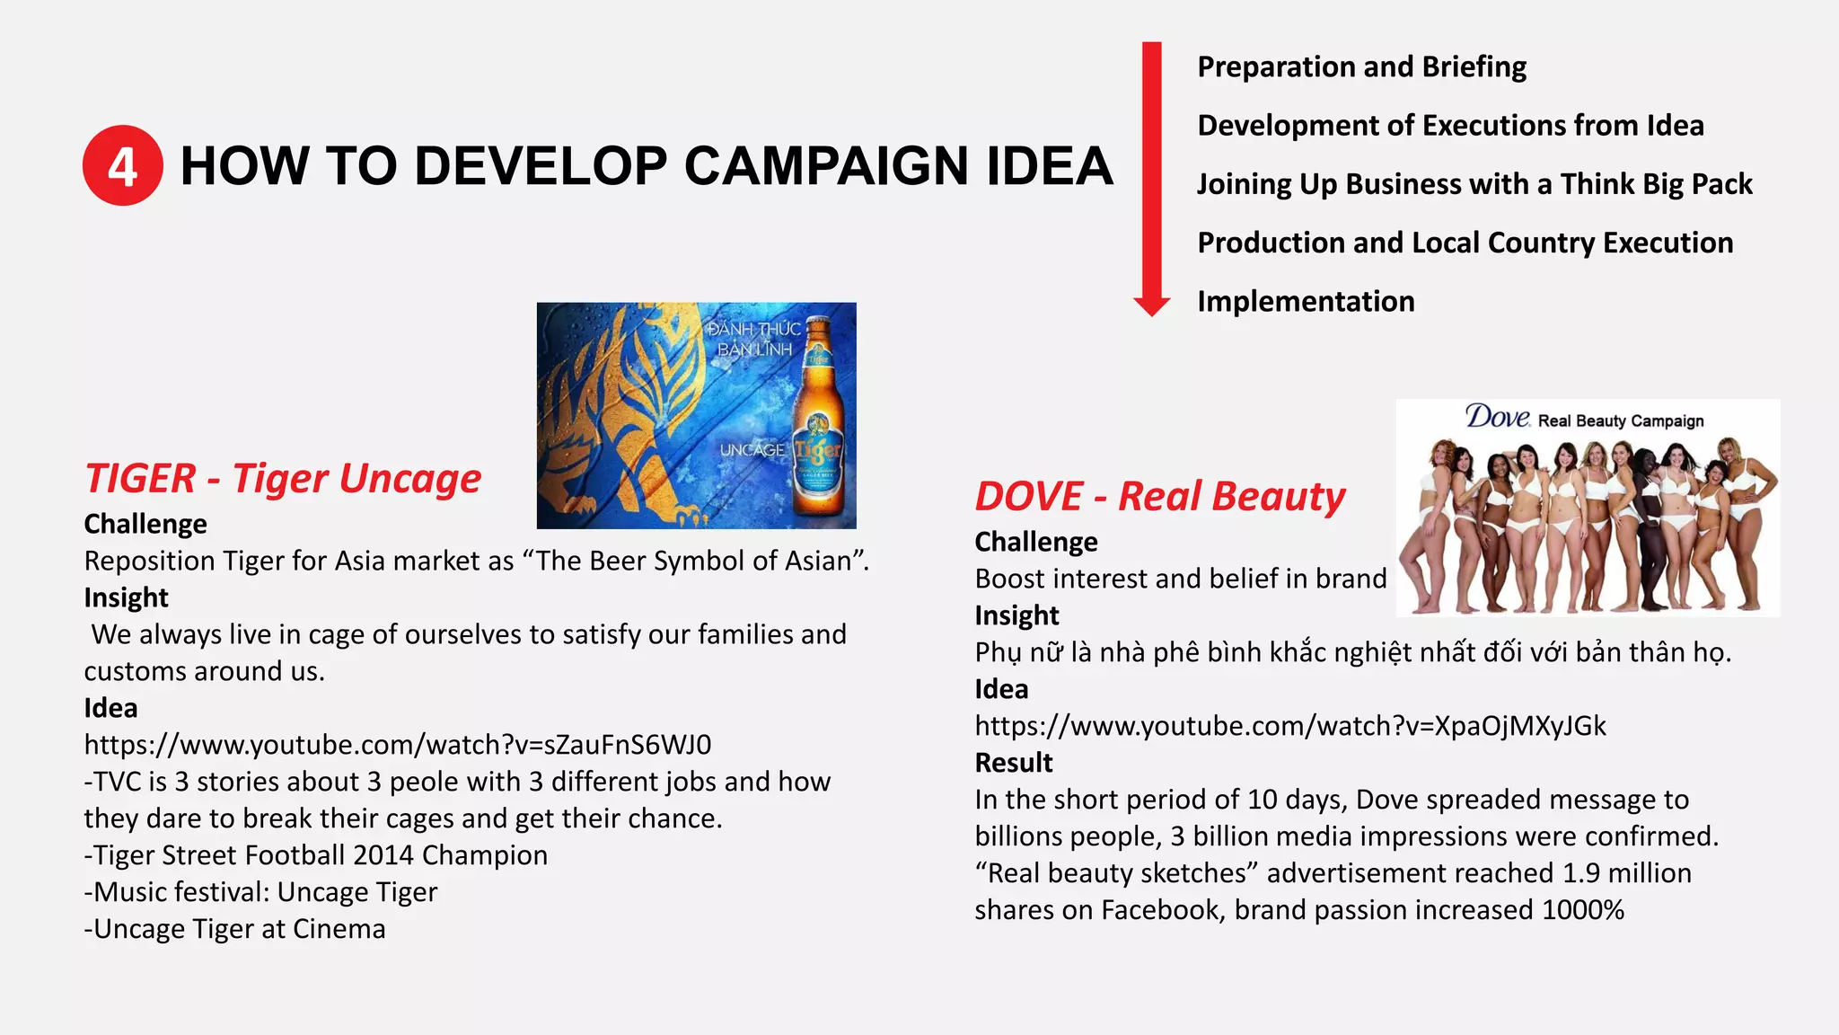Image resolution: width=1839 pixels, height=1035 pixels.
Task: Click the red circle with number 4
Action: pyautogui.click(x=123, y=165)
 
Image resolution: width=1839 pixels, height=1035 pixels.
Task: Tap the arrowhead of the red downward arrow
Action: pyautogui.click(x=1151, y=305)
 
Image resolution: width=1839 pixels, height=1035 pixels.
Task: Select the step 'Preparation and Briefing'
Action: pyautogui.click(x=1361, y=67)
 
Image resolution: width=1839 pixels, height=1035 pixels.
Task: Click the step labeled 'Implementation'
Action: pyautogui.click(x=1306, y=302)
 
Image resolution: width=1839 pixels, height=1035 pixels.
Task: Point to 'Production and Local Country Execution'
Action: pyautogui.click(x=1465, y=243)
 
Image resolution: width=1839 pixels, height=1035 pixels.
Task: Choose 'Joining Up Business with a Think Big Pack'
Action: pyautogui.click(x=1474, y=184)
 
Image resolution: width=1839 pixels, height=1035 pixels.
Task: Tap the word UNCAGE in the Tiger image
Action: pyautogui.click(x=752, y=449)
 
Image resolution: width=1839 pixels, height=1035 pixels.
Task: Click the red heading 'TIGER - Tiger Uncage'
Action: pyautogui.click(x=283, y=478)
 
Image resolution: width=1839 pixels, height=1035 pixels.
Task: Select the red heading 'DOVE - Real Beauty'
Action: pyautogui.click(x=1160, y=496)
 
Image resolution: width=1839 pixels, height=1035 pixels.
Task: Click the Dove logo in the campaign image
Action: pyautogui.click(x=1497, y=418)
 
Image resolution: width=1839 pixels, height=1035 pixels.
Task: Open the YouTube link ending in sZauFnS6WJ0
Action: pyautogui.click(x=397, y=745)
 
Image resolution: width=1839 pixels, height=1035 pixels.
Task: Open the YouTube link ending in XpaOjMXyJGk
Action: pyautogui.click(x=1289, y=726)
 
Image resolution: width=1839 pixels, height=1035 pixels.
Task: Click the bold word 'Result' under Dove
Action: pyautogui.click(x=1014, y=763)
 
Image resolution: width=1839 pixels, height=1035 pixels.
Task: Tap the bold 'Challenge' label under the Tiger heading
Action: pyautogui.click(x=145, y=524)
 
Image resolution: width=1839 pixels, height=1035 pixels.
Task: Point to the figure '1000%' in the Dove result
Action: pyautogui.click(x=1583, y=910)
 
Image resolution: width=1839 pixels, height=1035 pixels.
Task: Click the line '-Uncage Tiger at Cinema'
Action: pyautogui.click(x=235, y=929)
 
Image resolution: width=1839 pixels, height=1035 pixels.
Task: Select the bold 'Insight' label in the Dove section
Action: pyautogui.click(x=1016, y=615)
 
